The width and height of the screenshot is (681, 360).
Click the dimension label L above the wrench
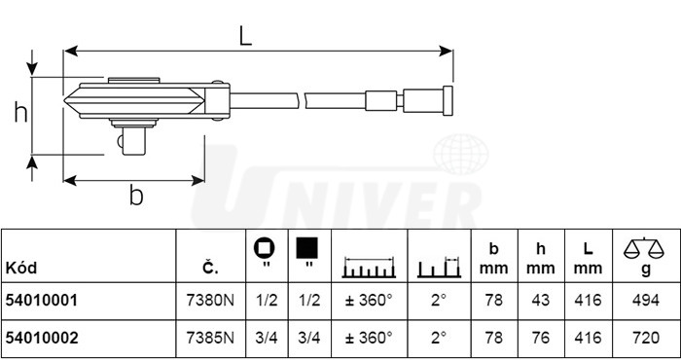246,36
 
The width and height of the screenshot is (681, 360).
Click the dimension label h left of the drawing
20,112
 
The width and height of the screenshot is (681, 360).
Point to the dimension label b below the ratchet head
136,195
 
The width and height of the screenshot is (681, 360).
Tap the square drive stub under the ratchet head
133,140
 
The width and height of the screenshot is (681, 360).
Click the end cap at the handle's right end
448,101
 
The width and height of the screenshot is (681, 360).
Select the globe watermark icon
461,154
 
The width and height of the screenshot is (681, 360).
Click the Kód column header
20,268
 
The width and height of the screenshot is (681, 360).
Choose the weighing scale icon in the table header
644,248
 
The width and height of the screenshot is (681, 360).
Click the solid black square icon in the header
307,247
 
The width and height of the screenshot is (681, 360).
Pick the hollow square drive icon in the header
265,248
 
